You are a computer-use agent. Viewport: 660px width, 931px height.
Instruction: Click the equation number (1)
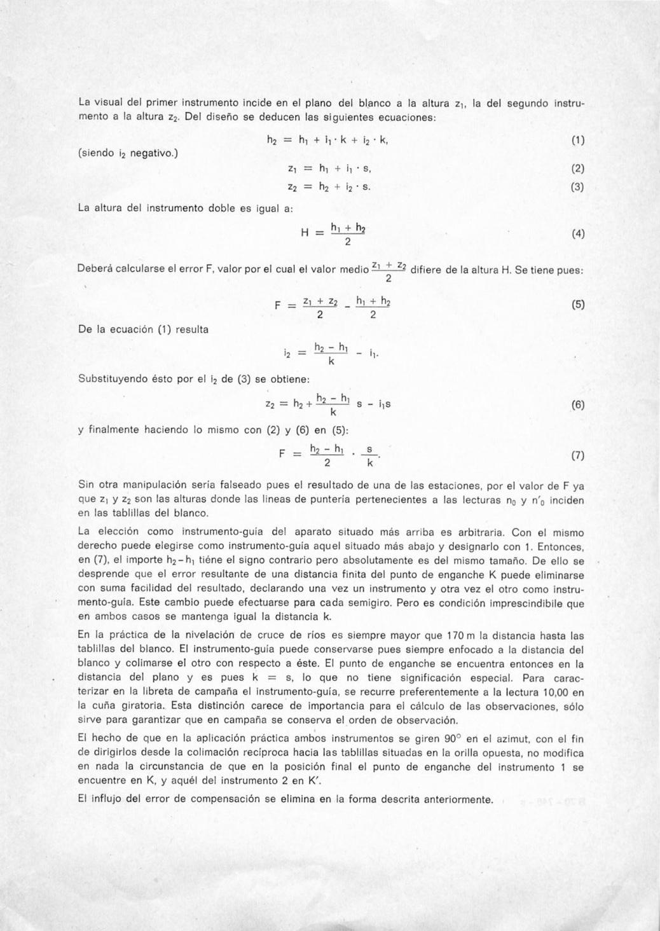tap(577, 140)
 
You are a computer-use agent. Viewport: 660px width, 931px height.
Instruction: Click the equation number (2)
tap(577, 169)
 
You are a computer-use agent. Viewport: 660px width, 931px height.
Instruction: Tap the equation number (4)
tap(577, 233)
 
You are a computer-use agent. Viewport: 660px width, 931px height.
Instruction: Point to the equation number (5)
tap(577, 305)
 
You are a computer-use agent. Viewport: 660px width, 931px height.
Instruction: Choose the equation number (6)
tap(577, 404)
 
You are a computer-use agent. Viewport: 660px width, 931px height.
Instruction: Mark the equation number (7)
tap(577, 455)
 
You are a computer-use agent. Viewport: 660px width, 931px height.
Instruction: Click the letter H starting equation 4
tap(305, 233)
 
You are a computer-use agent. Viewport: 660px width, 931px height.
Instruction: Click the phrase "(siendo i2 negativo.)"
tap(128, 153)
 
